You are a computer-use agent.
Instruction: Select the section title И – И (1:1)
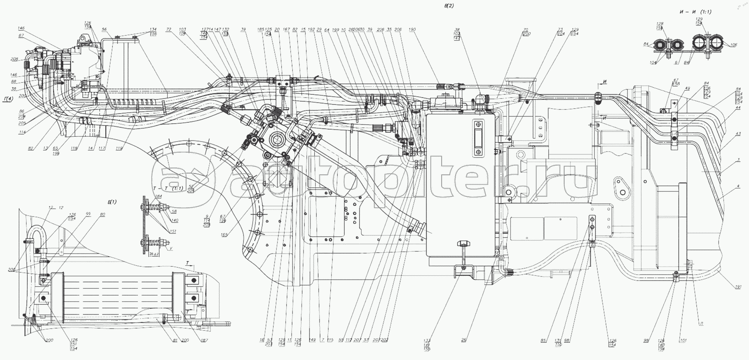point(695,12)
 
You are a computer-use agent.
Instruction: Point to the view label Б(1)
point(112,202)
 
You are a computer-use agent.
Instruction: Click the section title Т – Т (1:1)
point(168,188)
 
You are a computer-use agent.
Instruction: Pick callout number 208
point(14,59)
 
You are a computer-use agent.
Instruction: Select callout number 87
point(21,36)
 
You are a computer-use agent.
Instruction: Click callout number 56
point(104,29)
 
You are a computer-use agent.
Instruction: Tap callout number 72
point(169,29)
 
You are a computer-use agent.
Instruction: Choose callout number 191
point(738,287)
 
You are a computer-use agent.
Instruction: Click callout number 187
point(204,340)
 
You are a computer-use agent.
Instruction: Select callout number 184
point(158,196)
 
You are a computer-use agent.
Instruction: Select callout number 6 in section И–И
point(676,63)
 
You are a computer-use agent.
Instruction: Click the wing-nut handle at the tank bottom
point(463,245)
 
